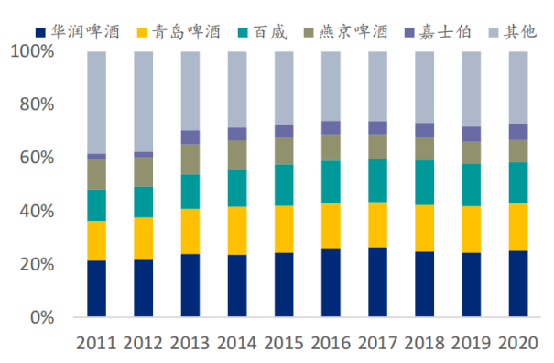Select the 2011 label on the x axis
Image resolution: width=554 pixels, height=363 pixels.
[96, 344]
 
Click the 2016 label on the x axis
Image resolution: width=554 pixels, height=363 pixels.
[330, 344]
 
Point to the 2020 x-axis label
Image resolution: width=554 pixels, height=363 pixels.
[517, 344]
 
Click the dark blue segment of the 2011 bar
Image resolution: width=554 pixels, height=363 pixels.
[96, 289]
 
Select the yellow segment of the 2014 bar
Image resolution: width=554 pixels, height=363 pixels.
[236, 230]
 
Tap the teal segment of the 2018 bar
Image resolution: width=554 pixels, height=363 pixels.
[424, 182]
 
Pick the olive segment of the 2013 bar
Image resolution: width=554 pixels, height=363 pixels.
[190, 159]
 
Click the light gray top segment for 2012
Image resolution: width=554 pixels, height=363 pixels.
[143, 102]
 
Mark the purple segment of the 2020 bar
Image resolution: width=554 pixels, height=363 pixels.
[517, 132]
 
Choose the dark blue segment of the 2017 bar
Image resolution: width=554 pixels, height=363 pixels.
[377, 282]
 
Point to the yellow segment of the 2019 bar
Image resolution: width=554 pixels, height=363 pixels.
[471, 229]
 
